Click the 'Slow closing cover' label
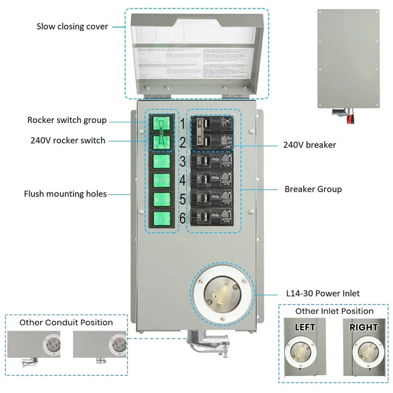click(x=72, y=26)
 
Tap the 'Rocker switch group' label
click(x=67, y=120)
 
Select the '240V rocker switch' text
click(x=68, y=140)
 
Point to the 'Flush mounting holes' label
click(x=65, y=194)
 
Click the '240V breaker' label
click(x=309, y=145)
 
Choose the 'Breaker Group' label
click(x=313, y=189)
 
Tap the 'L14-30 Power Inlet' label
click(x=319, y=294)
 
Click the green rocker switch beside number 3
click(x=162, y=162)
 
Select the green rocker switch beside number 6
click(x=162, y=218)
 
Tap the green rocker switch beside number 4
click(x=162, y=181)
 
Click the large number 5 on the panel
click(x=182, y=200)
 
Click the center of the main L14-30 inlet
click(x=222, y=295)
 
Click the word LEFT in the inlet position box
click(x=305, y=327)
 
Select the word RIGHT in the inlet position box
click(x=363, y=327)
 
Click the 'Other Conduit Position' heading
click(x=66, y=322)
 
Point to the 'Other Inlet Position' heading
click(x=334, y=311)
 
